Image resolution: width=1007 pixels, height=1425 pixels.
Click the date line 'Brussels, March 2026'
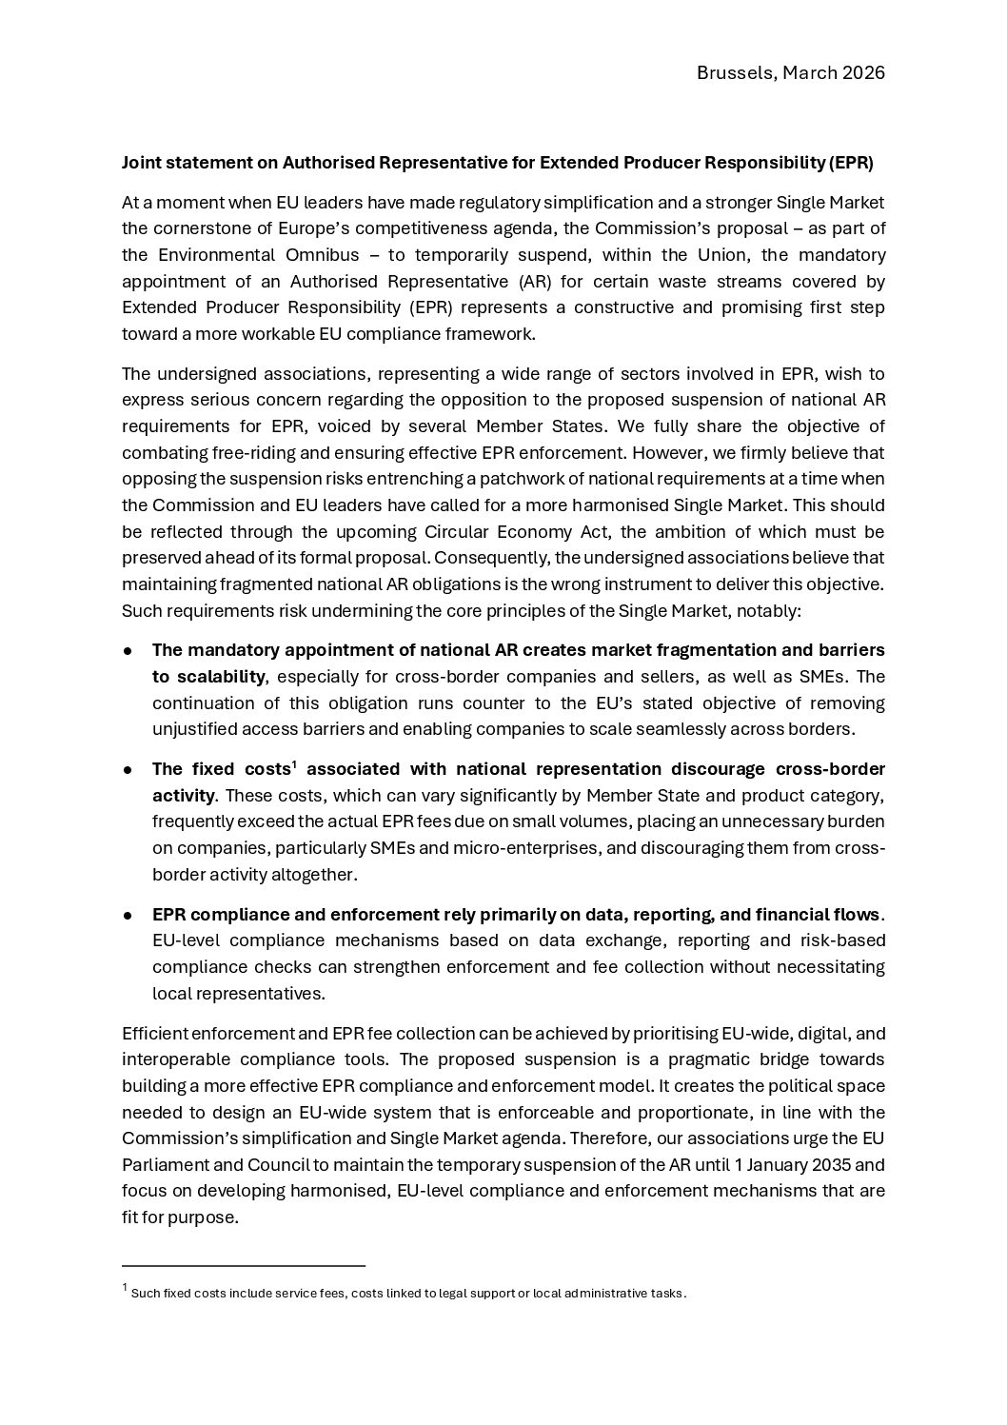(x=790, y=73)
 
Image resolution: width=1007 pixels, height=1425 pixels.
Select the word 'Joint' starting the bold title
(x=140, y=163)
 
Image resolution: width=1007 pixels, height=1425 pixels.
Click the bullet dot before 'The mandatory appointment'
(x=127, y=651)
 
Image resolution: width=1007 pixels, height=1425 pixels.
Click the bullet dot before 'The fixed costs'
(x=127, y=769)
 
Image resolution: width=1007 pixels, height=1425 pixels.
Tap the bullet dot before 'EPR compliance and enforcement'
(x=127, y=915)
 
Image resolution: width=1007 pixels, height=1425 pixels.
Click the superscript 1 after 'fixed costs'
(x=294, y=764)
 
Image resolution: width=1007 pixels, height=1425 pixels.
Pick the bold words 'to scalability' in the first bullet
(x=207, y=677)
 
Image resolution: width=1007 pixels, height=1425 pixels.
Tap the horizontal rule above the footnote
(x=243, y=1266)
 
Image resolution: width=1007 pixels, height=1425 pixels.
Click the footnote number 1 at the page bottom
(x=125, y=1289)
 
